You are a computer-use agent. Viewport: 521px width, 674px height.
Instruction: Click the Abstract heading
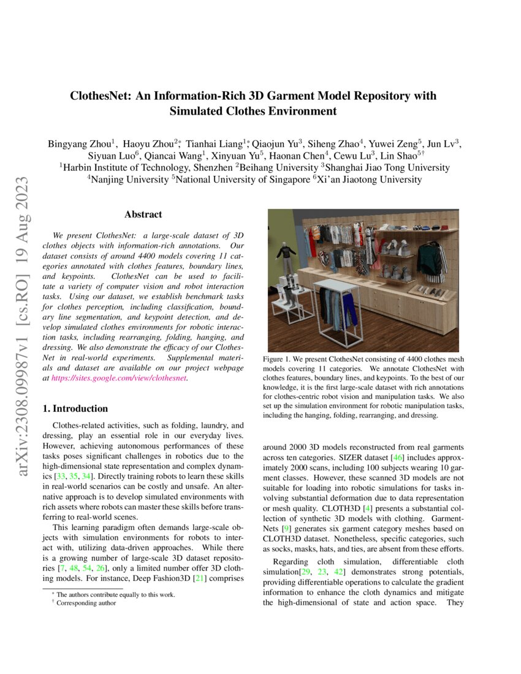[x=143, y=214]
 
